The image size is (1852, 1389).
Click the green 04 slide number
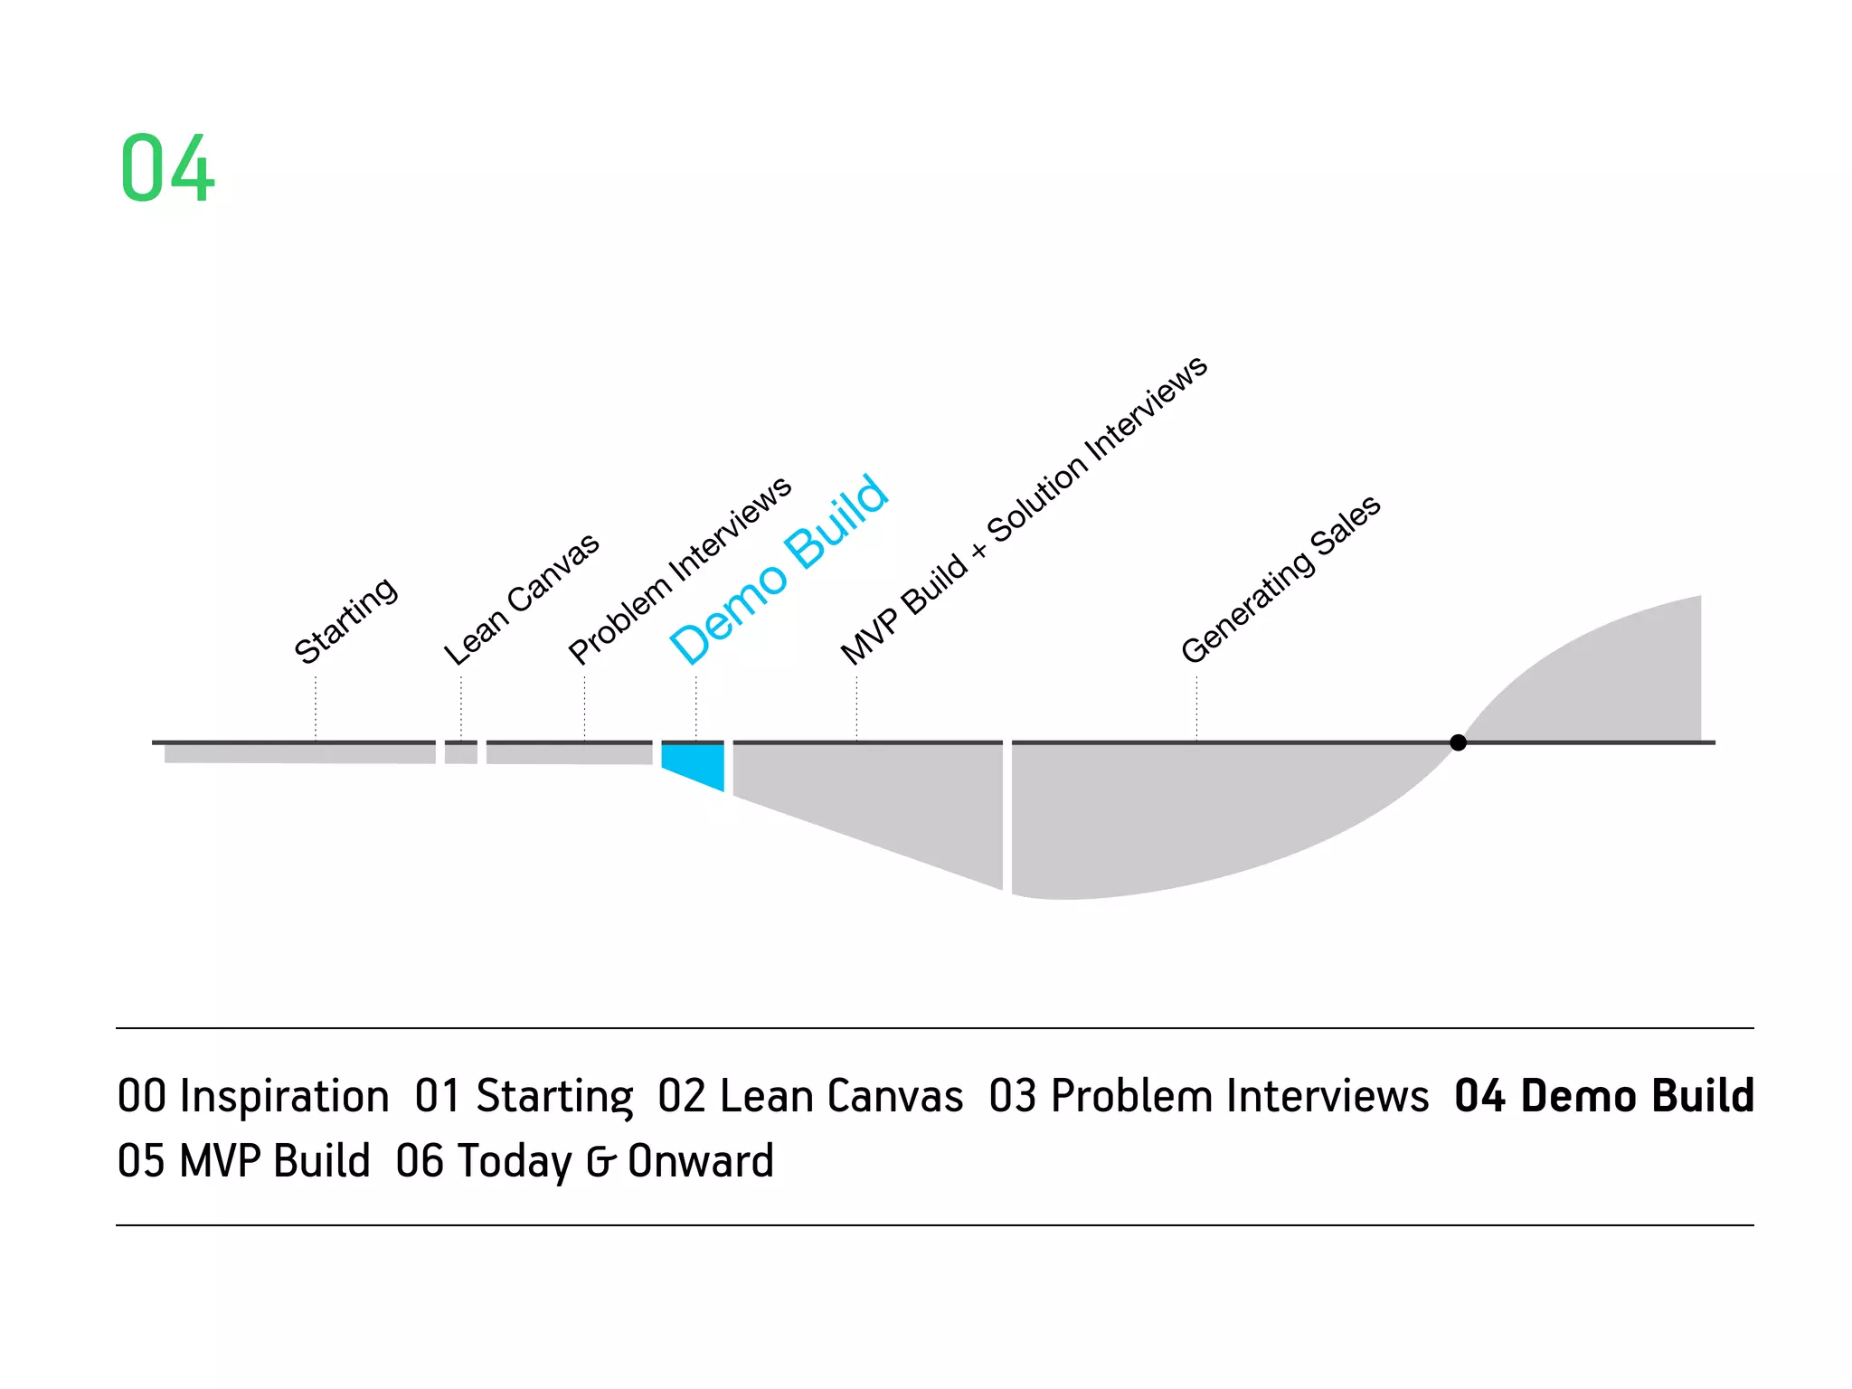167,168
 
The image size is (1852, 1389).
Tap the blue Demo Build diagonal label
779,570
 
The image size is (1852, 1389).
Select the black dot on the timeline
1458,742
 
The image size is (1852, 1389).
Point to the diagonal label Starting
345,620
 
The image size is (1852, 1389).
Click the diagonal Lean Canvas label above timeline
521,599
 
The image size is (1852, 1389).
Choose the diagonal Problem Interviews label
679,571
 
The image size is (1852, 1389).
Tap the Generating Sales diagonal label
1280,579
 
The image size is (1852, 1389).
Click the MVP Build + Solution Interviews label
1023,511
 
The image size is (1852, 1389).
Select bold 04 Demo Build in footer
1603,1096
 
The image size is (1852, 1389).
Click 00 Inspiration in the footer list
253,1096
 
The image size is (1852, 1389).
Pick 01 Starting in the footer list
524,1096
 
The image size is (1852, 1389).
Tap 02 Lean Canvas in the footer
810,1096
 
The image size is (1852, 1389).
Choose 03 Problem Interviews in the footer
1208,1096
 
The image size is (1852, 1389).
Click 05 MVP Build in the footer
244,1161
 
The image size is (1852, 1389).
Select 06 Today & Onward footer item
584,1161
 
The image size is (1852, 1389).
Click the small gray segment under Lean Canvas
461,753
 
